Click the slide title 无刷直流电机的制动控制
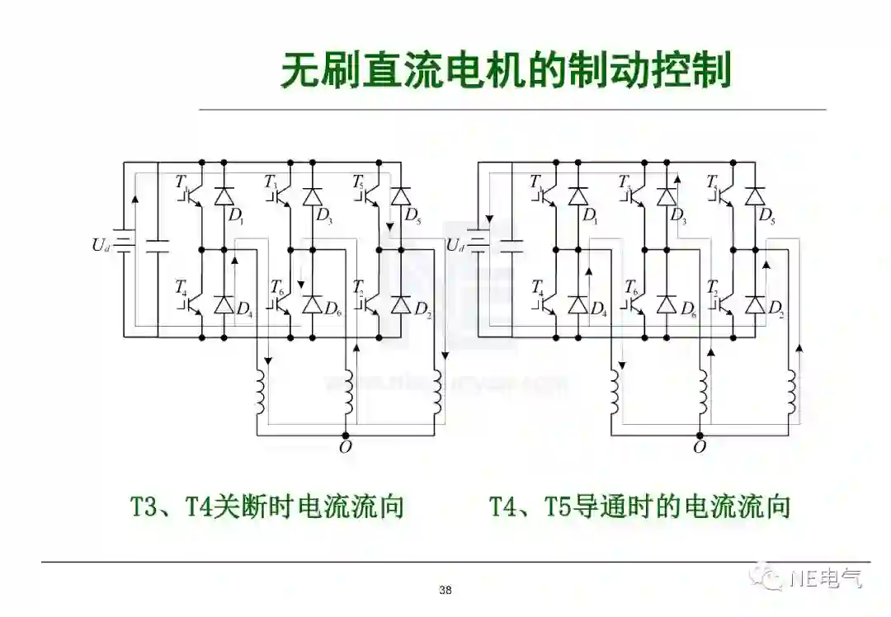click(x=506, y=72)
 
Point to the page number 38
click(x=445, y=590)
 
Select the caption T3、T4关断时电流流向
click(x=267, y=506)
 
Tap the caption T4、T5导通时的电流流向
click(x=639, y=506)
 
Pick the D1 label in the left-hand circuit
click(x=236, y=217)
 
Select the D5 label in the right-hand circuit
click(x=766, y=217)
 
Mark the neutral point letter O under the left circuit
click(x=345, y=448)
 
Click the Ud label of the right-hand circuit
click(x=455, y=245)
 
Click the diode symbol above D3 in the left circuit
click(x=312, y=196)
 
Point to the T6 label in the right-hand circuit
click(x=631, y=287)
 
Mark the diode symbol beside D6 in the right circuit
click(x=666, y=304)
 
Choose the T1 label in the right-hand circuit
click(x=536, y=181)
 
